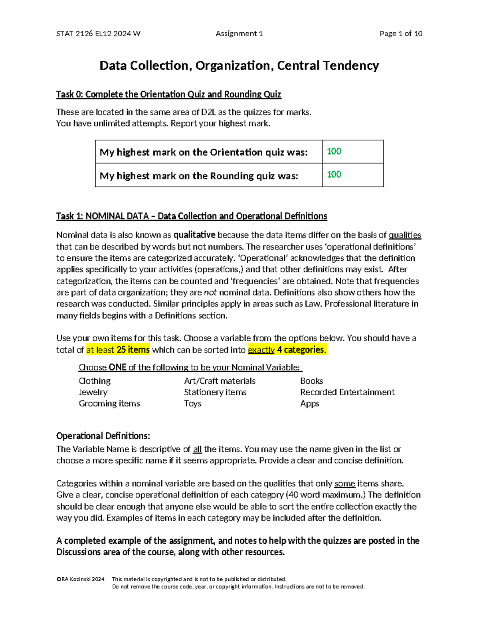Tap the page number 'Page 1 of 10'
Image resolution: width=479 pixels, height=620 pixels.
click(401, 34)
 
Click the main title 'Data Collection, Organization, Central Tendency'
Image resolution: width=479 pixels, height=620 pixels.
click(239, 65)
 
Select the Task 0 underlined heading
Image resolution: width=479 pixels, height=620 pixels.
click(168, 94)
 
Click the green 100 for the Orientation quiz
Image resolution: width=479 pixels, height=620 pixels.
click(334, 151)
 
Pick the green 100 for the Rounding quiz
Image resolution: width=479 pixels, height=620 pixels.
click(334, 174)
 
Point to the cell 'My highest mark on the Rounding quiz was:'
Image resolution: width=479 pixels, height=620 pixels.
click(199, 176)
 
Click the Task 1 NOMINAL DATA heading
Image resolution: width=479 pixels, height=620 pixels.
click(192, 216)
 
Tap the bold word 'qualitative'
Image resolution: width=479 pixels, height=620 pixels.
click(194, 235)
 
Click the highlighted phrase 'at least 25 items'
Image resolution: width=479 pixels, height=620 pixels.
click(118, 350)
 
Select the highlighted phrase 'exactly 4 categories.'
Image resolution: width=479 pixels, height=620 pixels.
click(287, 350)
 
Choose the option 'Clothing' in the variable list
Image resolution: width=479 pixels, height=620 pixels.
click(95, 381)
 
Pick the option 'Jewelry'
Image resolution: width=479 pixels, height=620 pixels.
click(93, 392)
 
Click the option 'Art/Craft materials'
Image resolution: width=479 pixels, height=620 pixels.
click(220, 381)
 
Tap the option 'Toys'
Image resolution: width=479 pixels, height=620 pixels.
click(192, 403)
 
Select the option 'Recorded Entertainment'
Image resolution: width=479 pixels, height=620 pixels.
click(347, 392)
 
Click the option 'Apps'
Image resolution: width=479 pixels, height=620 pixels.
click(309, 403)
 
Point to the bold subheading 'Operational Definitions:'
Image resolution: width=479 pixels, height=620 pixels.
click(103, 436)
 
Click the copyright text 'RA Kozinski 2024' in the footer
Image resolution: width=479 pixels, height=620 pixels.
click(82, 579)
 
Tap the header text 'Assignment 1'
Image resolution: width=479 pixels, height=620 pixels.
click(239, 34)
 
